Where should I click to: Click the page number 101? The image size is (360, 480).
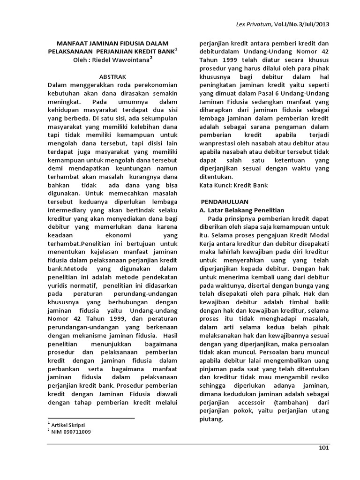point(323,449)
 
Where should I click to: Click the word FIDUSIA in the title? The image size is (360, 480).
point(140,43)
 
